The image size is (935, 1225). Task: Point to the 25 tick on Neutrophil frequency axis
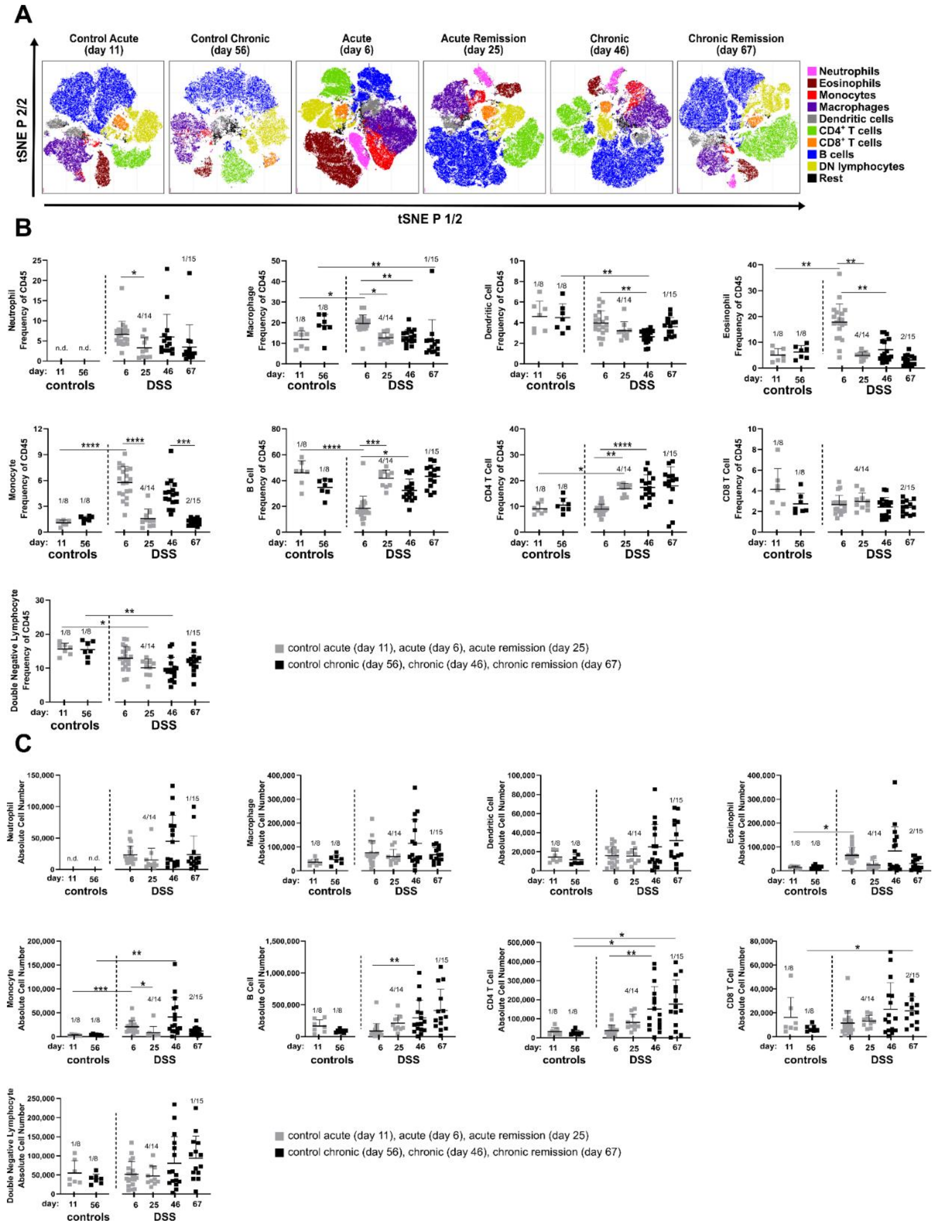pyautogui.click(x=38, y=260)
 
